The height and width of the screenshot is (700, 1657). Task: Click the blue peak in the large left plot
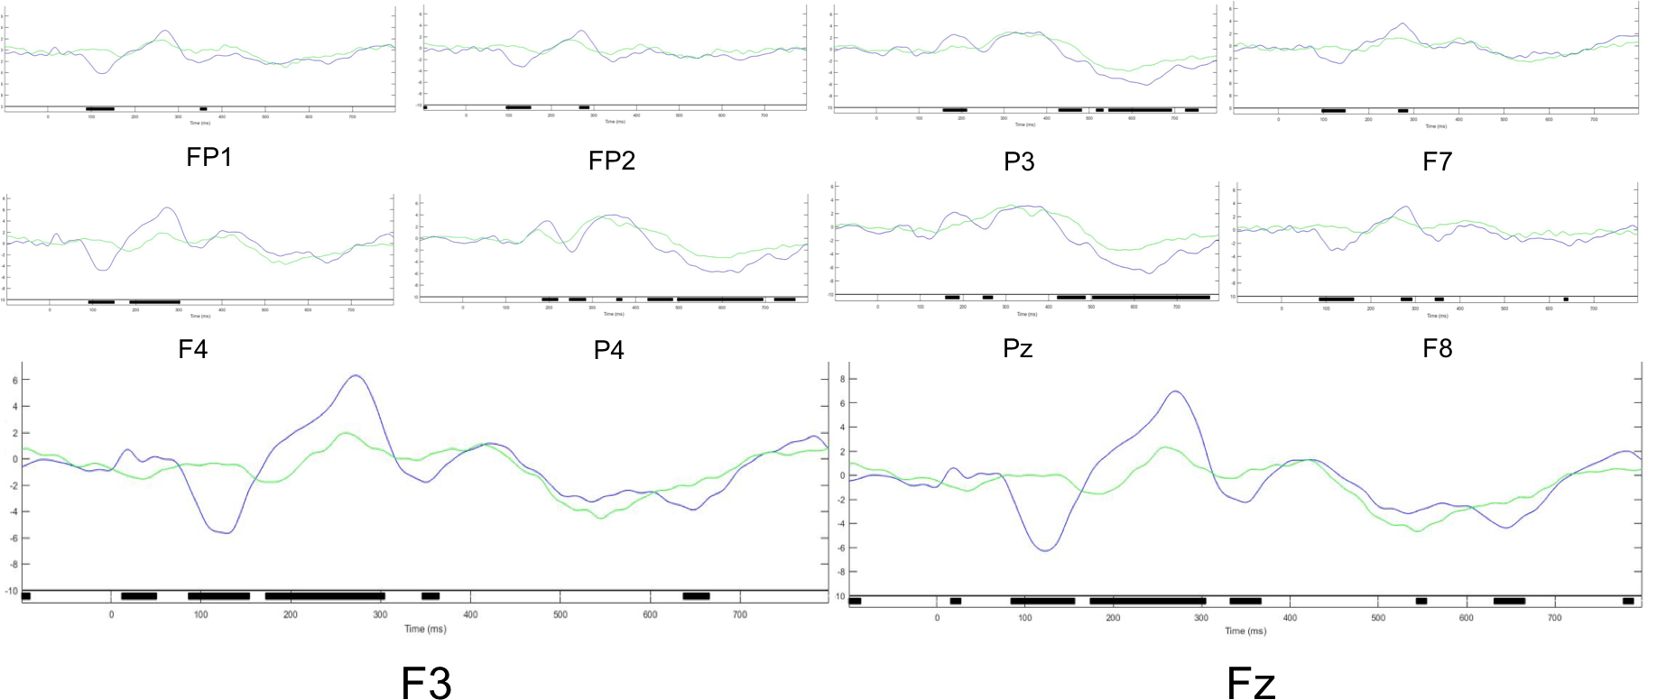[356, 376]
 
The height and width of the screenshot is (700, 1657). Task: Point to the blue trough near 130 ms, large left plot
[227, 532]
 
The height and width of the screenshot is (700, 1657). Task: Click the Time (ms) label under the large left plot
[425, 629]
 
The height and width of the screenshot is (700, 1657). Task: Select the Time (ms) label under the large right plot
[1245, 631]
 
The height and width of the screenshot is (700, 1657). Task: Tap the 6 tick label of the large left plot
[14, 381]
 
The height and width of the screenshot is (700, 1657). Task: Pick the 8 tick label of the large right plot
[840, 380]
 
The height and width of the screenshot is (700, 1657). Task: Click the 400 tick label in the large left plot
[470, 615]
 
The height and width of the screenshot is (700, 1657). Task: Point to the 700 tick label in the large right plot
[1554, 618]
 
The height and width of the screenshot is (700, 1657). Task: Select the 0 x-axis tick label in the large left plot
[111, 615]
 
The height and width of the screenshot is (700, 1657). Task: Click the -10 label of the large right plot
[838, 597]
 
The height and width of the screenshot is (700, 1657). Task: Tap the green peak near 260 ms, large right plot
[1166, 447]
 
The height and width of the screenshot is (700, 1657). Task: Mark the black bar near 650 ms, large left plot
[696, 595]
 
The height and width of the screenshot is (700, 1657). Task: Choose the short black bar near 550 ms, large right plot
[1421, 601]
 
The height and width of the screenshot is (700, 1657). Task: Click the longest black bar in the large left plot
[325, 595]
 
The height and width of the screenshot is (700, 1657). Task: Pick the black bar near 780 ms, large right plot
[1628, 601]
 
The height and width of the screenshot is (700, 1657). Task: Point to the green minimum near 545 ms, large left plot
[599, 518]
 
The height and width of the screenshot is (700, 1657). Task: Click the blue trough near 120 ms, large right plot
[1045, 549]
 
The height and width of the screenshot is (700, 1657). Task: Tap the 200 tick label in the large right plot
[1113, 618]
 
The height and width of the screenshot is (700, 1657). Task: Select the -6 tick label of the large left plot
[14, 539]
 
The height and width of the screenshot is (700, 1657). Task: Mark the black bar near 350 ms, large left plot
[430, 595]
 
